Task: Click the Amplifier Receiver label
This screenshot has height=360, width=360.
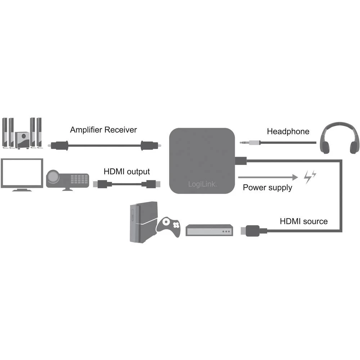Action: tap(103, 130)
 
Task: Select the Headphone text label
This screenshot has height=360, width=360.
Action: tap(288, 131)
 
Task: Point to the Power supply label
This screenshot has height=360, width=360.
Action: tap(267, 188)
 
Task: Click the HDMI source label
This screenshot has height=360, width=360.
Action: tap(304, 221)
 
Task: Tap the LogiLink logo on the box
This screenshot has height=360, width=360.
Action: tap(203, 184)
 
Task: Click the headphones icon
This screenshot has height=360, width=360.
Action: tap(341, 138)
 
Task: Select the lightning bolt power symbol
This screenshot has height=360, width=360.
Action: tap(310, 176)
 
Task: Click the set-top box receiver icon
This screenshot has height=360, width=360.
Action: tap(210, 230)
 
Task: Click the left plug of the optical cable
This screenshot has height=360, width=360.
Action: tap(57, 145)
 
